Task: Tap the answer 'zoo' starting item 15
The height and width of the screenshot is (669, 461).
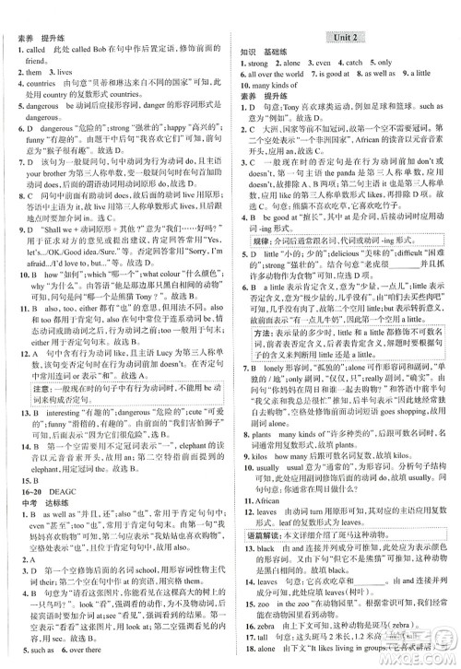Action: (x=267, y=604)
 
